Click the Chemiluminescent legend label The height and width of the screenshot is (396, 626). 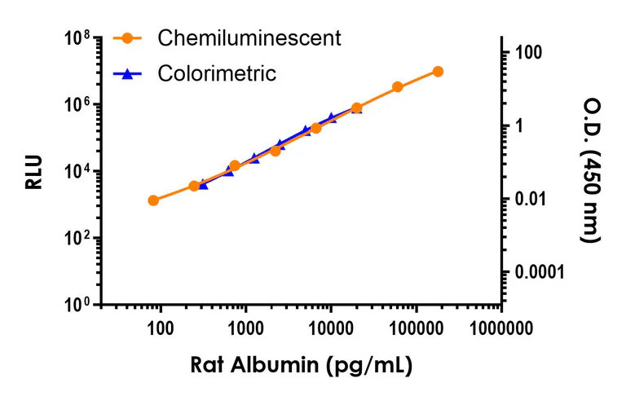[x=249, y=37]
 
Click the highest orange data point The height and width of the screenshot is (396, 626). [x=438, y=72]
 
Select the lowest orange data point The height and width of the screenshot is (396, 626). [x=153, y=200]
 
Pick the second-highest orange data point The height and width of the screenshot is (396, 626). [x=398, y=87]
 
